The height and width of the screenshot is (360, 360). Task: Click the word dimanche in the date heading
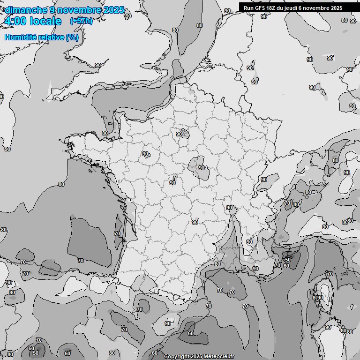pyautogui.click(x=25, y=10)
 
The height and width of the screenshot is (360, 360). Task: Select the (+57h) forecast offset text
pyautogui.click(x=81, y=21)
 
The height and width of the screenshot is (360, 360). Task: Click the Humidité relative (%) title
pyautogui.click(x=42, y=37)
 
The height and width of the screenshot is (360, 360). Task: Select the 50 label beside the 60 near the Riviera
pyautogui.click(x=288, y=260)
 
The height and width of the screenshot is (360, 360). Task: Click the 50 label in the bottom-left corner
pyautogui.click(x=36, y=353)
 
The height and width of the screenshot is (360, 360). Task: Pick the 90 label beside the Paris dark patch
pyautogui.click(x=179, y=134)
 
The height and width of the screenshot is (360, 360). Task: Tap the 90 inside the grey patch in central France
pyautogui.click(x=202, y=168)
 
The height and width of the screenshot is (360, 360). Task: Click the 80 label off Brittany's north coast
pyautogui.click(x=105, y=133)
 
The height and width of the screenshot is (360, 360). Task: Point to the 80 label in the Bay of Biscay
pyautogui.click(x=61, y=184)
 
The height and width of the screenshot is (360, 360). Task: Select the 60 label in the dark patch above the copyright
pyautogui.click(x=191, y=333)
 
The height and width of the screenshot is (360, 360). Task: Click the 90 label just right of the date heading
pyautogui.click(x=128, y=16)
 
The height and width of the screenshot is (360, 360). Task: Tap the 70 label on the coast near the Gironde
pyautogui.click(x=117, y=233)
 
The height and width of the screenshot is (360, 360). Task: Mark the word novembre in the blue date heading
pyautogui.click(x=75, y=10)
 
